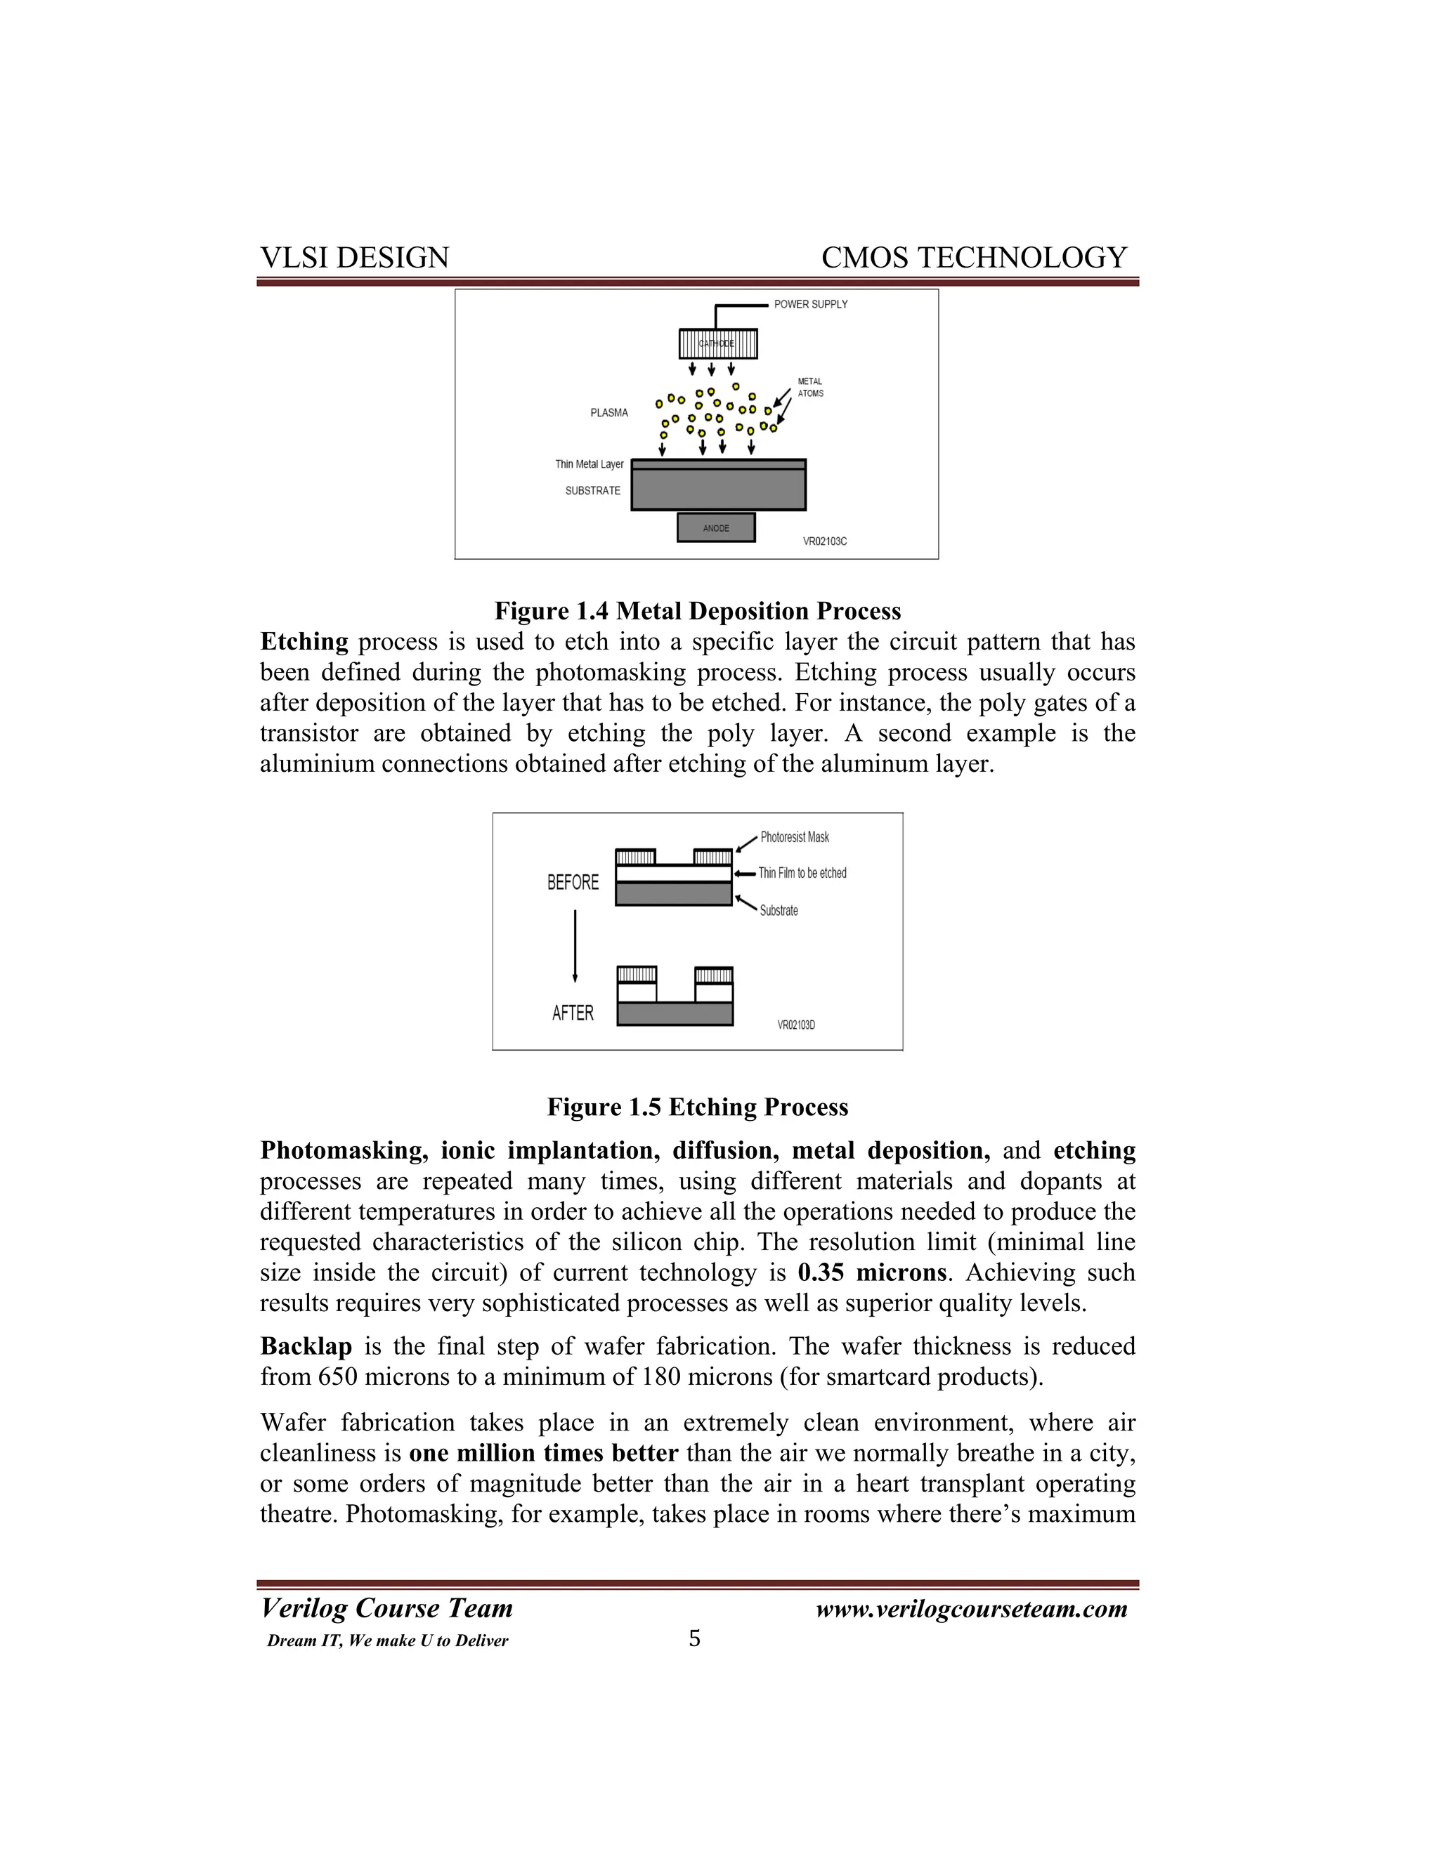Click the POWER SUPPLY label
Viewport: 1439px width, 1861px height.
[x=810, y=304]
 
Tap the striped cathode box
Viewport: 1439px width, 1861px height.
[x=718, y=343]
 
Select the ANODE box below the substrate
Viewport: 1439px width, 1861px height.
[x=716, y=527]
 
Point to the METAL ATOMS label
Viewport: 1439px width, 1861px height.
[x=810, y=388]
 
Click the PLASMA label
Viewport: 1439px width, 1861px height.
[x=608, y=413]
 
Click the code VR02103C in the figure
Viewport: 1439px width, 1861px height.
[x=824, y=541]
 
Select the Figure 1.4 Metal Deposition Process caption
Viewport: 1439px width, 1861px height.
[x=697, y=611]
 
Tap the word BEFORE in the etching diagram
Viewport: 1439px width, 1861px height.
[x=573, y=883]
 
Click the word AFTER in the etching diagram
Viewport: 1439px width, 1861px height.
[x=573, y=1013]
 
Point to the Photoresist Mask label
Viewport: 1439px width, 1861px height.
[x=795, y=838]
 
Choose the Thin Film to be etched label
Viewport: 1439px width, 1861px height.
[x=802, y=874]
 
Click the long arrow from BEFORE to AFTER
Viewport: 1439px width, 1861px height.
[x=575, y=946]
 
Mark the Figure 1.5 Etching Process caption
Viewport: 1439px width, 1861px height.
[x=697, y=1107]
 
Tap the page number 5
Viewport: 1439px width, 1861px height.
[x=694, y=1638]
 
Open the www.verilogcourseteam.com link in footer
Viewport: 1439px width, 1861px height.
[x=971, y=1610]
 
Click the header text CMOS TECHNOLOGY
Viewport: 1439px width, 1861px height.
[x=974, y=257]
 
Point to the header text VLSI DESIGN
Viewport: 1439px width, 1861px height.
[x=354, y=257]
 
